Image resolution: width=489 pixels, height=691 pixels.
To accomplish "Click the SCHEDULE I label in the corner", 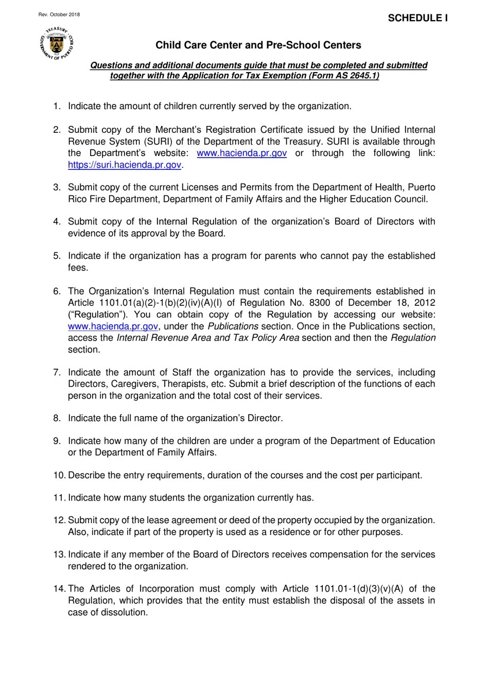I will [x=417, y=18].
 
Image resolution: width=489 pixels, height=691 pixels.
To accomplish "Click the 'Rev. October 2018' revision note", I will [x=59, y=15].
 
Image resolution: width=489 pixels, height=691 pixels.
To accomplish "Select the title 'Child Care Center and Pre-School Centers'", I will [x=258, y=45].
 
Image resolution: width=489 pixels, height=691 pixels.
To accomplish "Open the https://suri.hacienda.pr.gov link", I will [x=125, y=165].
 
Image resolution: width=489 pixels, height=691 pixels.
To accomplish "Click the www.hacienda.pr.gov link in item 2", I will [x=241, y=153].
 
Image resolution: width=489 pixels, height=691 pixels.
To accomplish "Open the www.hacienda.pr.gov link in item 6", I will [x=113, y=326].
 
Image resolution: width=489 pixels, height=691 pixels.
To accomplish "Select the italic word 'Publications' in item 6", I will [x=233, y=326].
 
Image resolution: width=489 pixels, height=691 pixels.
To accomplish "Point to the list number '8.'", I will [x=57, y=418].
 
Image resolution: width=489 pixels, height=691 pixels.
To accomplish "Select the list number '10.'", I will [x=59, y=475].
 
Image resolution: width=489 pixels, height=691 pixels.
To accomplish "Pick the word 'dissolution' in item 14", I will [x=124, y=612].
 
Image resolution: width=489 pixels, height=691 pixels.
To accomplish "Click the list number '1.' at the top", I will [x=57, y=106].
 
